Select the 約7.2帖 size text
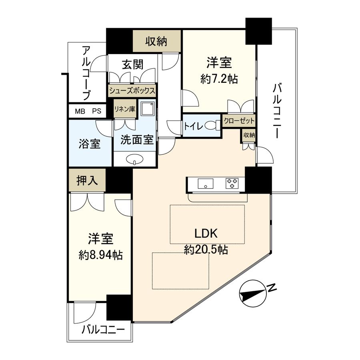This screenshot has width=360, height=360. point(219,79)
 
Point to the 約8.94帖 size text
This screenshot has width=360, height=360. point(101,254)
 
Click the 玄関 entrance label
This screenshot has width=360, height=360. point(133,64)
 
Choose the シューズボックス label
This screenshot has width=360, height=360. point(132,91)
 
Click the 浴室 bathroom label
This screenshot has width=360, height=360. point(90,144)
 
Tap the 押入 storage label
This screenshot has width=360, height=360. point(87,180)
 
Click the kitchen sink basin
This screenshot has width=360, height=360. point(206,184)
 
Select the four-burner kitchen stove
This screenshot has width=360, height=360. point(232,184)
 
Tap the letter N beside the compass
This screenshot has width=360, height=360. point(272,288)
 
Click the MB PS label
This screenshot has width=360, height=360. point(87,111)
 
